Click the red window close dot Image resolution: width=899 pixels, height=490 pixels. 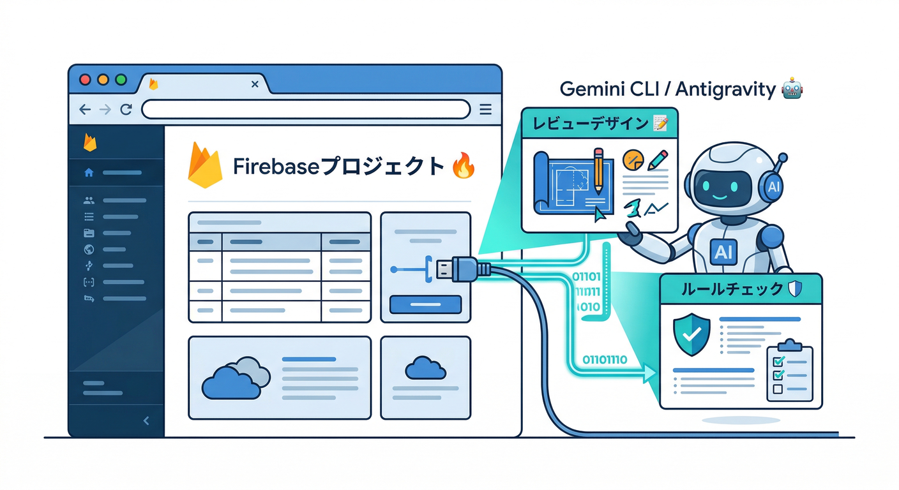(85, 80)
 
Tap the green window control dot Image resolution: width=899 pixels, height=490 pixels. (121, 80)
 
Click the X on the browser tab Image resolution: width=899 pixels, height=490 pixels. (255, 84)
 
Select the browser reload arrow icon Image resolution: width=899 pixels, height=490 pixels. (126, 109)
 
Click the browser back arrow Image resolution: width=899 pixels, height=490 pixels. (85, 109)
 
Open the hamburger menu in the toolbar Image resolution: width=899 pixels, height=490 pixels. (485, 109)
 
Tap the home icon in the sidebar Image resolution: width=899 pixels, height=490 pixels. (89, 172)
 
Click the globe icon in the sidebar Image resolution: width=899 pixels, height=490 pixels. (89, 249)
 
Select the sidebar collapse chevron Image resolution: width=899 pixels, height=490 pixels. (146, 420)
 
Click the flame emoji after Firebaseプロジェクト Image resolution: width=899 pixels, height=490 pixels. (462, 167)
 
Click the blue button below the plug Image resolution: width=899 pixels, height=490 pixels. (425, 304)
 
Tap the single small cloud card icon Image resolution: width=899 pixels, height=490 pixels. (425, 368)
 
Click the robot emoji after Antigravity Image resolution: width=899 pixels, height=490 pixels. (792, 88)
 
